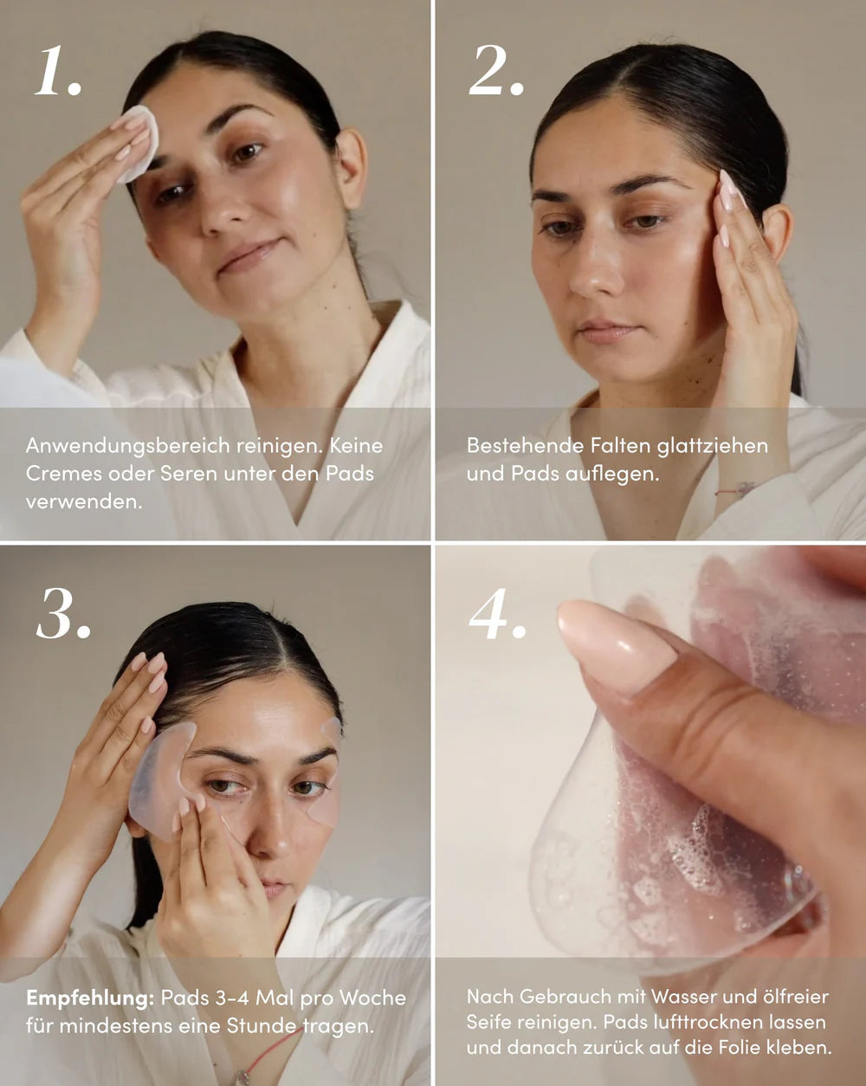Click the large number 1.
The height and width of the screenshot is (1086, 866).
point(57,71)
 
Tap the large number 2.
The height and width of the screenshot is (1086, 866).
point(495,71)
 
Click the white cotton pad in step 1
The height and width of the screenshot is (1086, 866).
point(139,143)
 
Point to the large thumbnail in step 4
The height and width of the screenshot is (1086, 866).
point(616,646)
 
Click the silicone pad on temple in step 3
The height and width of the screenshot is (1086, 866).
point(160,779)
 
